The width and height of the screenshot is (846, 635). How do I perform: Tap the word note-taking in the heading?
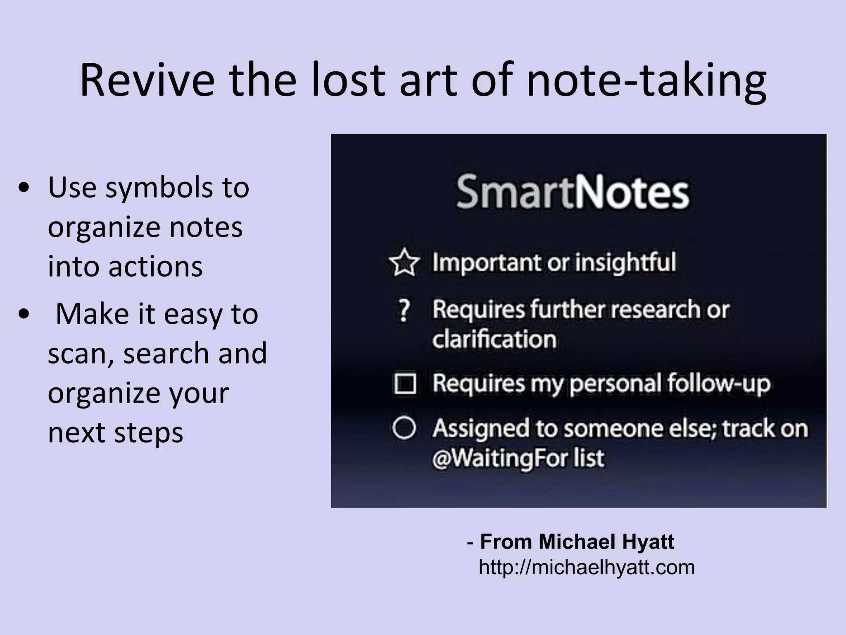pyautogui.click(x=646, y=81)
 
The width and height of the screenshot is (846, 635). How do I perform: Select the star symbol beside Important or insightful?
pyautogui.click(x=404, y=262)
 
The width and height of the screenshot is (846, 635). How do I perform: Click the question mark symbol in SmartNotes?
pyautogui.click(x=404, y=310)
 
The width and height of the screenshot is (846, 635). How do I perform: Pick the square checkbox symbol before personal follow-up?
pyautogui.click(x=404, y=384)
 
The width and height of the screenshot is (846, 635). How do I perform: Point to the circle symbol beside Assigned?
pyautogui.click(x=404, y=428)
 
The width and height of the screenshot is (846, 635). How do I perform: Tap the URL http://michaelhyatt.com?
pyautogui.click(x=587, y=567)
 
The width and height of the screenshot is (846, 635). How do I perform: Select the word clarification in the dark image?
pyautogui.click(x=494, y=339)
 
